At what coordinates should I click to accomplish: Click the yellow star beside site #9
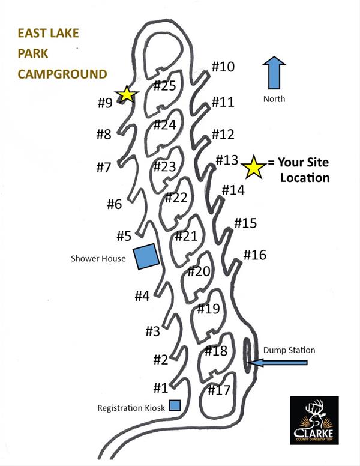tap(127, 94)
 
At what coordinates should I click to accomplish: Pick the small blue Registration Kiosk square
tap(175, 405)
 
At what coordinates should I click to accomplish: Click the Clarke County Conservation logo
tap(314, 421)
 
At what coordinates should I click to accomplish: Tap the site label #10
tap(223, 67)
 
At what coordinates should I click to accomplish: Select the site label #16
tap(254, 255)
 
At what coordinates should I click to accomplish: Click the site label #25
tap(164, 86)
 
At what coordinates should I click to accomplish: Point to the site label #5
tap(124, 236)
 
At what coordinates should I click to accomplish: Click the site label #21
tap(186, 236)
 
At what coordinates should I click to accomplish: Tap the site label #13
tap(227, 160)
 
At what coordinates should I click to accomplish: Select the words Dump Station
tap(289, 350)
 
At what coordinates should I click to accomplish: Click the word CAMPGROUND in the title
tap(62, 74)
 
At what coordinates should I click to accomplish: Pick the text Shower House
tap(98, 259)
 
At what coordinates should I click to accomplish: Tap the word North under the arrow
tap(274, 99)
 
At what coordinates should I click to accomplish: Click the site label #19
tap(208, 309)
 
